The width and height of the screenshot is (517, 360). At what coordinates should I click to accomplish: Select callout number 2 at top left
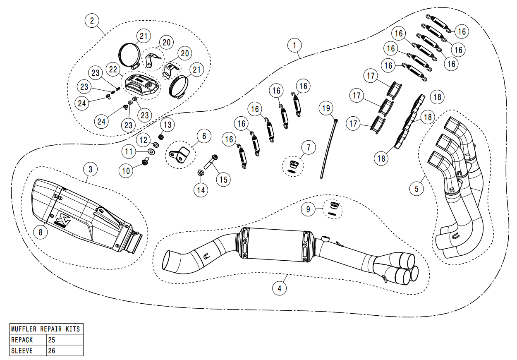tap(92, 20)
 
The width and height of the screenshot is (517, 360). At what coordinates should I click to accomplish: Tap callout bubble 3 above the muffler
tap(90, 169)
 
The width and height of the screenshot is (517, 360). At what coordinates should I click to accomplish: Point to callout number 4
tap(280, 288)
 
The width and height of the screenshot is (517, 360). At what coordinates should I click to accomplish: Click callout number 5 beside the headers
tap(416, 189)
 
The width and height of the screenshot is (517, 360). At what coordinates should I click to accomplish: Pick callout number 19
tap(326, 108)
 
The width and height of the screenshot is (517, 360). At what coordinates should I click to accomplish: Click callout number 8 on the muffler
tap(41, 232)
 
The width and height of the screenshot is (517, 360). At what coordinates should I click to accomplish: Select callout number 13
tap(167, 124)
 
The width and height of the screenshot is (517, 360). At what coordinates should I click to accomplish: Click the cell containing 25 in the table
tap(64, 340)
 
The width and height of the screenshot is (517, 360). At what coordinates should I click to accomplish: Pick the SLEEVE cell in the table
tap(28, 351)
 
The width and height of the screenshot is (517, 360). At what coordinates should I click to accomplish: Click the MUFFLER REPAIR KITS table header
tap(46, 329)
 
